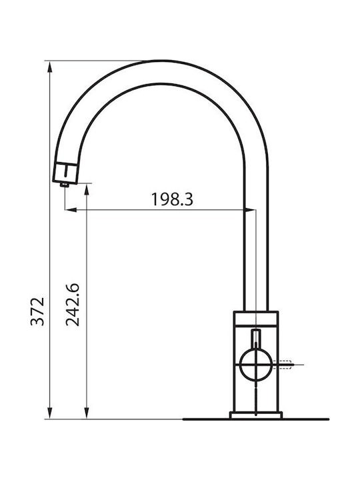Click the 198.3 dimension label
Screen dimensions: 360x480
tap(173, 199)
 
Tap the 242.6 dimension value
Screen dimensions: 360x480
tap(73, 305)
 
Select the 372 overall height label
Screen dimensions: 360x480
tap(37, 311)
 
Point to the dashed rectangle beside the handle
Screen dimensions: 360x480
tap(282, 365)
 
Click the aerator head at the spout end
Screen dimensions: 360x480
tap(65, 173)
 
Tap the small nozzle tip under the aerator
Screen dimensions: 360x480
tap(65, 184)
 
